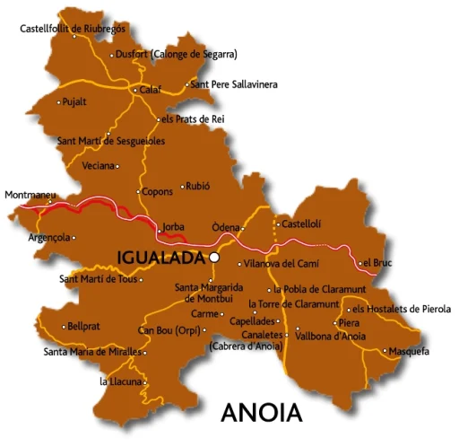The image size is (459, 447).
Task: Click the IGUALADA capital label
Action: point(161,258)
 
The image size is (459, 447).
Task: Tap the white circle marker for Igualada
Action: point(214,257)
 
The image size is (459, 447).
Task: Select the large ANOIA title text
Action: point(261,414)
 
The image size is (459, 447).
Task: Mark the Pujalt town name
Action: point(75,101)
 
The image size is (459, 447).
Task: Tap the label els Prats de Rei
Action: point(192,118)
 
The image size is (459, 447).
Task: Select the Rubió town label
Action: point(197,187)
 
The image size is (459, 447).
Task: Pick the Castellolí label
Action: point(302,223)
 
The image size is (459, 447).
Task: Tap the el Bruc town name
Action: point(377,263)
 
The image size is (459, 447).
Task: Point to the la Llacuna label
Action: point(120,381)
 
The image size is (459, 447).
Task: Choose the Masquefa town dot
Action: point(384,351)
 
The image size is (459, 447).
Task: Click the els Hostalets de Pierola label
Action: point(402,309)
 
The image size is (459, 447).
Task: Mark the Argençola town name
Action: point(50,238)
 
